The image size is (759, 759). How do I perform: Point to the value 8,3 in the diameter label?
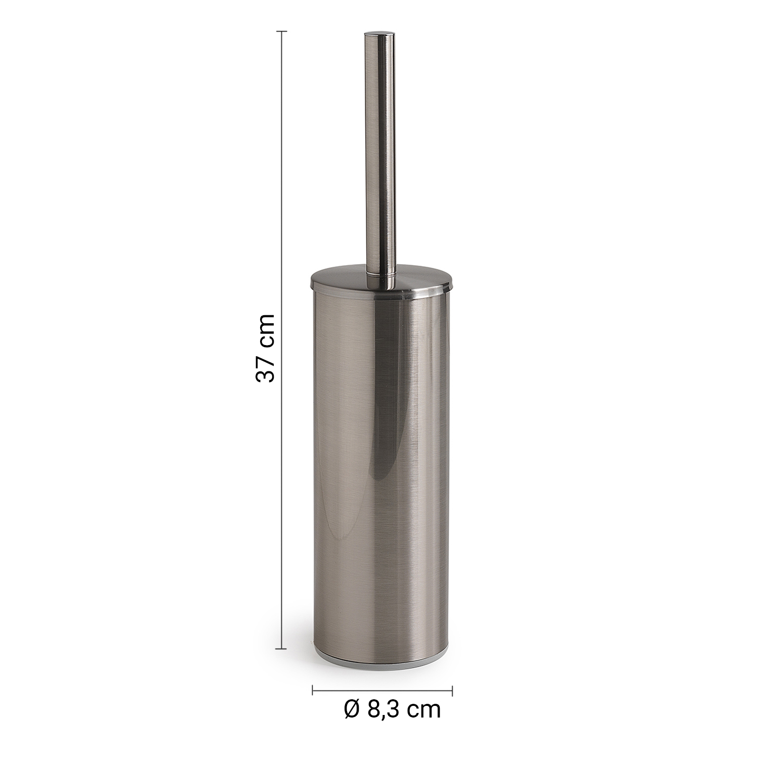pos(383,710)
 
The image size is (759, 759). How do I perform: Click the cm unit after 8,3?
pos(424,712)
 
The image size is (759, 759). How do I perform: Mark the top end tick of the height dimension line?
pos(281,32)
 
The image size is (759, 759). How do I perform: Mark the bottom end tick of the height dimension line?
pos(281,648)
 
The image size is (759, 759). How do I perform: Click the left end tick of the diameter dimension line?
pos(313,690)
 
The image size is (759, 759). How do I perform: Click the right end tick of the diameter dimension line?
pos(452,690)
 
